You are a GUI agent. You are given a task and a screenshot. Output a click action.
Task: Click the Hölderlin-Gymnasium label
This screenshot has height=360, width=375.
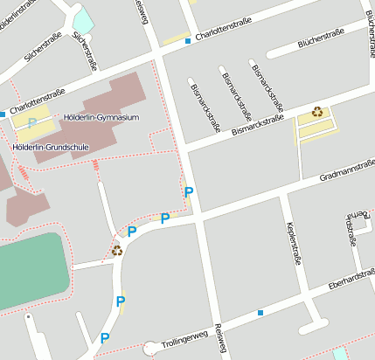click(x=101, y=117)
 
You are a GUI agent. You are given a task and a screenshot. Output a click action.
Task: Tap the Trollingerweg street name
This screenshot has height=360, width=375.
click(x=184, y=337)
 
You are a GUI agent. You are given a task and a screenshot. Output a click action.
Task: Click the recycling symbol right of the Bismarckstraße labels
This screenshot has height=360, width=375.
click(x=316, y=111)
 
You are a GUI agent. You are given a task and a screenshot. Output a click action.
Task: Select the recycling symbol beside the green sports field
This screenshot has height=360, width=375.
click(x=116, y=250)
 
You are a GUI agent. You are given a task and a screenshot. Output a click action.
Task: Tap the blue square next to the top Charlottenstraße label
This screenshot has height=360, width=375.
click(x=188, y=40)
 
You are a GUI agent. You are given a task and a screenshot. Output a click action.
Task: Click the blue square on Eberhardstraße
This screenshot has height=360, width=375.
click(x=260, y=312)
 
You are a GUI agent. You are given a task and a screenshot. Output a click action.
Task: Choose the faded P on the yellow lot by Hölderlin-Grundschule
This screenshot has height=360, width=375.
click(x=32, y=122)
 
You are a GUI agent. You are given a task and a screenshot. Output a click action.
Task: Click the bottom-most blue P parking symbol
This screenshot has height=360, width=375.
click(x=105, y=338)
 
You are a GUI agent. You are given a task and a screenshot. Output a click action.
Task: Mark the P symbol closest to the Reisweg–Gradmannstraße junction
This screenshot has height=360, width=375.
click(x=188, y=191)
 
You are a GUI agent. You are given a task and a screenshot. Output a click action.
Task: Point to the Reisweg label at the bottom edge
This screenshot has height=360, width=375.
click(x=219, y=343)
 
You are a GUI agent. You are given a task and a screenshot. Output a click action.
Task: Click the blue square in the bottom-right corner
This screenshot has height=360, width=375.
click(x=339, y=353)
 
